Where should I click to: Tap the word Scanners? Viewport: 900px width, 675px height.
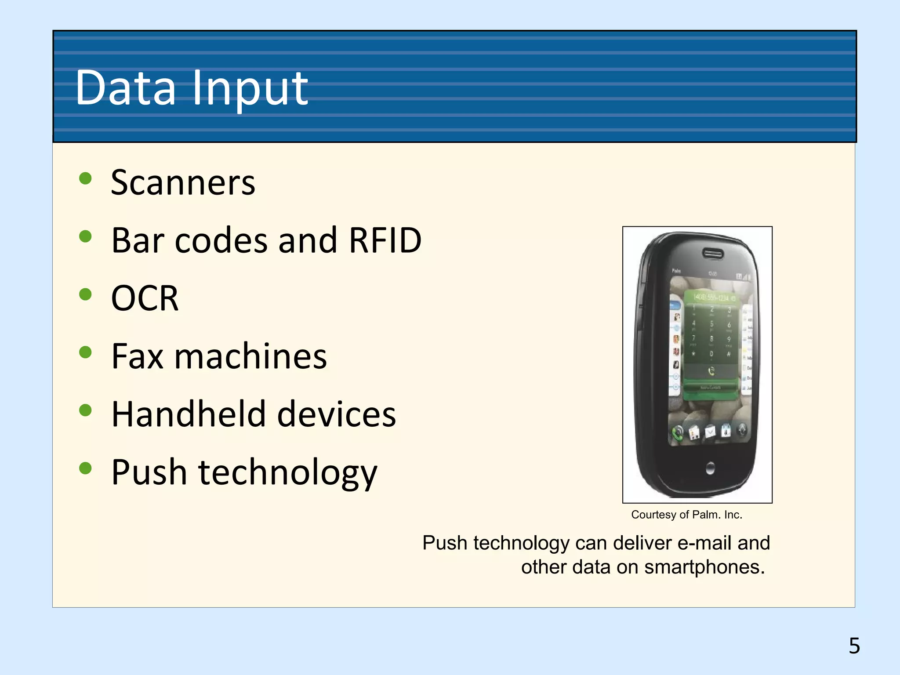coord(183,183)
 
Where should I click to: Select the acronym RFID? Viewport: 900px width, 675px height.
coord(385,240)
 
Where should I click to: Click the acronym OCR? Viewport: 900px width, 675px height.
coord(145,298)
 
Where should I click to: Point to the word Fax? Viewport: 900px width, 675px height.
coord(137,356)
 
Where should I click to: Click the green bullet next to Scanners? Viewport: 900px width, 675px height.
coord(85,178)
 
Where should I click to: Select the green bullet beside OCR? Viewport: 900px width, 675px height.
coord(85,294)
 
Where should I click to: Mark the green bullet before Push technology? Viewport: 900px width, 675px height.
coord(85,468)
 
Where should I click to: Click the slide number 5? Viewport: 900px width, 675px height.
coord(854,646)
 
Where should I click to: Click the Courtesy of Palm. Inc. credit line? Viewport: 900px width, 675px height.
coord(686,515)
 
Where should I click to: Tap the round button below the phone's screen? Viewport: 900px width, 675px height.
coord(710,468)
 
